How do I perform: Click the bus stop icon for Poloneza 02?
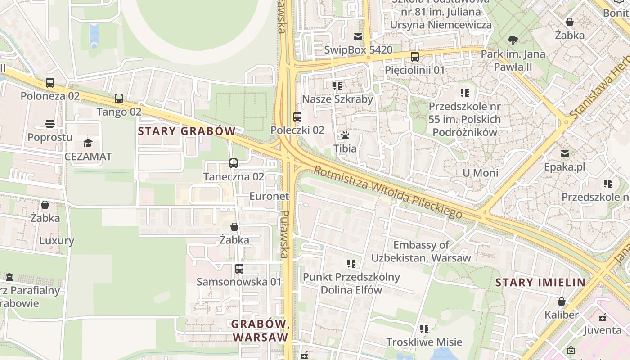[50, 83]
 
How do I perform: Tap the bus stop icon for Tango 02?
[119, 99]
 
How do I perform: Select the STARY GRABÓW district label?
[187, 131]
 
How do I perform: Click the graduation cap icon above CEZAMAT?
[88, 144]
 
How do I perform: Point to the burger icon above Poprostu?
[50, 124]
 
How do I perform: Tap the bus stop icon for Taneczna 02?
[233, 163]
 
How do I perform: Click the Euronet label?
[269, 196]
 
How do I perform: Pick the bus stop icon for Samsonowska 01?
[239, 269]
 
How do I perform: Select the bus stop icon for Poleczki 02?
[297, 117]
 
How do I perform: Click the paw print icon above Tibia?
[345, 135]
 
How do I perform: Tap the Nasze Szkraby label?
[337, 99]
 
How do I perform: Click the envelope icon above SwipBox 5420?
[358, 37]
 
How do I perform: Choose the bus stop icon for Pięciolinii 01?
[414, 57]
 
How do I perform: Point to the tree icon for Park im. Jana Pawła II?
[513, 40]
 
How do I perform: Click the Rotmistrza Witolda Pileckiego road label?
[388, 193]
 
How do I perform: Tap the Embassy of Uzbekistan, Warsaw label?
[421, 252]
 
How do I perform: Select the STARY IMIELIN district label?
[540, 283]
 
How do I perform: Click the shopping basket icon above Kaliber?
[561, 301]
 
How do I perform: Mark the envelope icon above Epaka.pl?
[564, 154]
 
